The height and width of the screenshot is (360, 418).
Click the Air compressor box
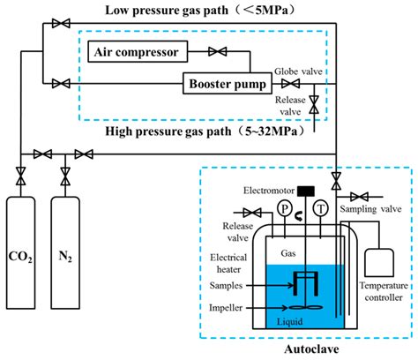pyautogui.click(x=138, y=51)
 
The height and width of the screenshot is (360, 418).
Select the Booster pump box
pyautogui.click(x=228, y=84)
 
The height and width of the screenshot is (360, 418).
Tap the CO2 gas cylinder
pyautogui.click(x=21, y=252)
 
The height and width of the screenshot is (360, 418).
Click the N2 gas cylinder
pyautogui.click(x=65, y=252)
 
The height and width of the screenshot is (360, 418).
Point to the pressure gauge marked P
pyautogui.click(x=284, y=208)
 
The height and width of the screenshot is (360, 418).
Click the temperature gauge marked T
pyautogui.click(x=320, y=208)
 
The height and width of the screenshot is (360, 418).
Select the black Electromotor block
pyautogui.click(x=306, y=191)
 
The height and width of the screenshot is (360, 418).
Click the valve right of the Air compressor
pyautogui.click(x=217, y=51)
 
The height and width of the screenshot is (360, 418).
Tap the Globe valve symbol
pyautogui.click(x=290, y=84)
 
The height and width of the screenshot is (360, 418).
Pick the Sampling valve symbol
pyautogui.click(x=359, y=197)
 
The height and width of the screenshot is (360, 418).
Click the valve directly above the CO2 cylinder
pyautogui.click(x=20, y=176)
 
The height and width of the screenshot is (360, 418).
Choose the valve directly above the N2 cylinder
pyautogui.click(x=65, y=176)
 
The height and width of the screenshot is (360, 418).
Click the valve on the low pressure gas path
pyautogui.click(x=61, y=23)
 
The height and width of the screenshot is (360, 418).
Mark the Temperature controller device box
pyautogui.click(x=379, y=263)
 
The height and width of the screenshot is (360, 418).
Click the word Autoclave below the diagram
pyautogui.click(x=311, y=349)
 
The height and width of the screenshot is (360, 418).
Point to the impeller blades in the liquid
pyautogui.click(x=306, y=308)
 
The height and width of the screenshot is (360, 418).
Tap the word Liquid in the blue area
pyautogui.click(x=289, y=322)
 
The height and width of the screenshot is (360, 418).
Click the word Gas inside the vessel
pyautogui.click(x=288, y=253)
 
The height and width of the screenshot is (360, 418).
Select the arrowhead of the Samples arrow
pyautogui.click(x=291, y=285)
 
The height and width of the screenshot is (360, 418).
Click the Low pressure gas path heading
pyautogui.click(x=200, y=10)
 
